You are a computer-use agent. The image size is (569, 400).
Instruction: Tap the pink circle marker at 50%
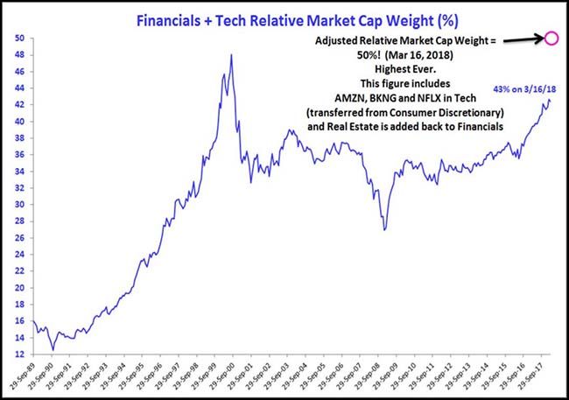click(551, 38)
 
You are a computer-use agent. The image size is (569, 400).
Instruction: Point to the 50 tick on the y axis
click(18, 38)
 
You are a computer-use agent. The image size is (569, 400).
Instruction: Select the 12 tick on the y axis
click(18, 354)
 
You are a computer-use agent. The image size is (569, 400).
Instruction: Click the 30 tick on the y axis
click(18, 204)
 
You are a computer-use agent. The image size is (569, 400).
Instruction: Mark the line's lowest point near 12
click(53, 349)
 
